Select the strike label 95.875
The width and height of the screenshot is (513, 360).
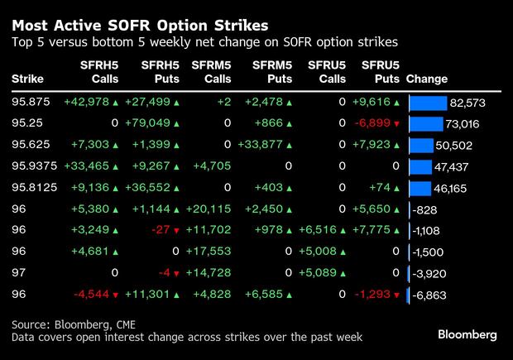[29, 103]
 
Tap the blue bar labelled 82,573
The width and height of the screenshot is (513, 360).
[427, 103]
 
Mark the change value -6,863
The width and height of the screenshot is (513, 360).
[432, 295]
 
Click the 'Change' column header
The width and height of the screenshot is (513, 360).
[427, 79]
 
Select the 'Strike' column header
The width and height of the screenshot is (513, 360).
[27, 79]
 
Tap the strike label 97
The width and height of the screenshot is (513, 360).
[19, 273]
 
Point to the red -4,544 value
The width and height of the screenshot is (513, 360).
[93, 295]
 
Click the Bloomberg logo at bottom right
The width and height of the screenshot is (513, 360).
[467, 334]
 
